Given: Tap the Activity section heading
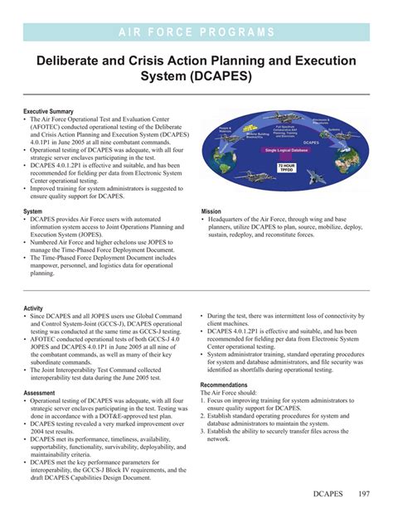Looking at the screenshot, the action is (33, 307).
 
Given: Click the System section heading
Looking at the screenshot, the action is (33, 211).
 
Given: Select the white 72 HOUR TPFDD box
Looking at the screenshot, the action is (286, 167).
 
